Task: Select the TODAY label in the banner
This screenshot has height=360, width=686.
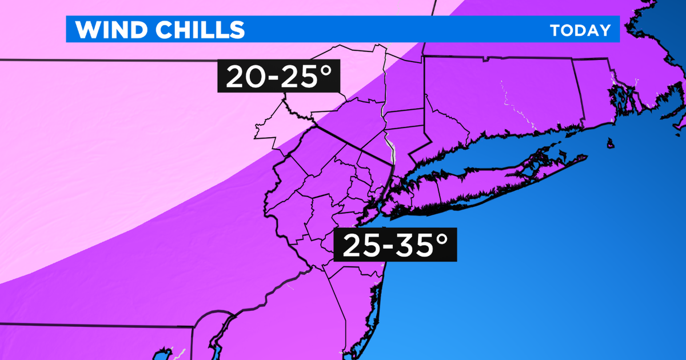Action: coord(580,30)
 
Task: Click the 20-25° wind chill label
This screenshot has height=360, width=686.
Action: coord(278,77)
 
